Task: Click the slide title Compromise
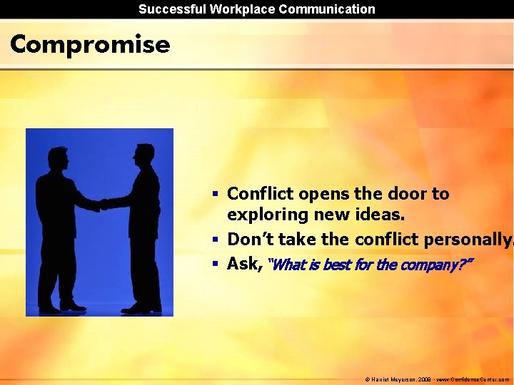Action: pyautogui.click(x=90, y=44)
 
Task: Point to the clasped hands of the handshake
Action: pyautogui.click(x=103, y=204)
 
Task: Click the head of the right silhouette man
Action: pyautogui.click(x=144, y=153)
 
